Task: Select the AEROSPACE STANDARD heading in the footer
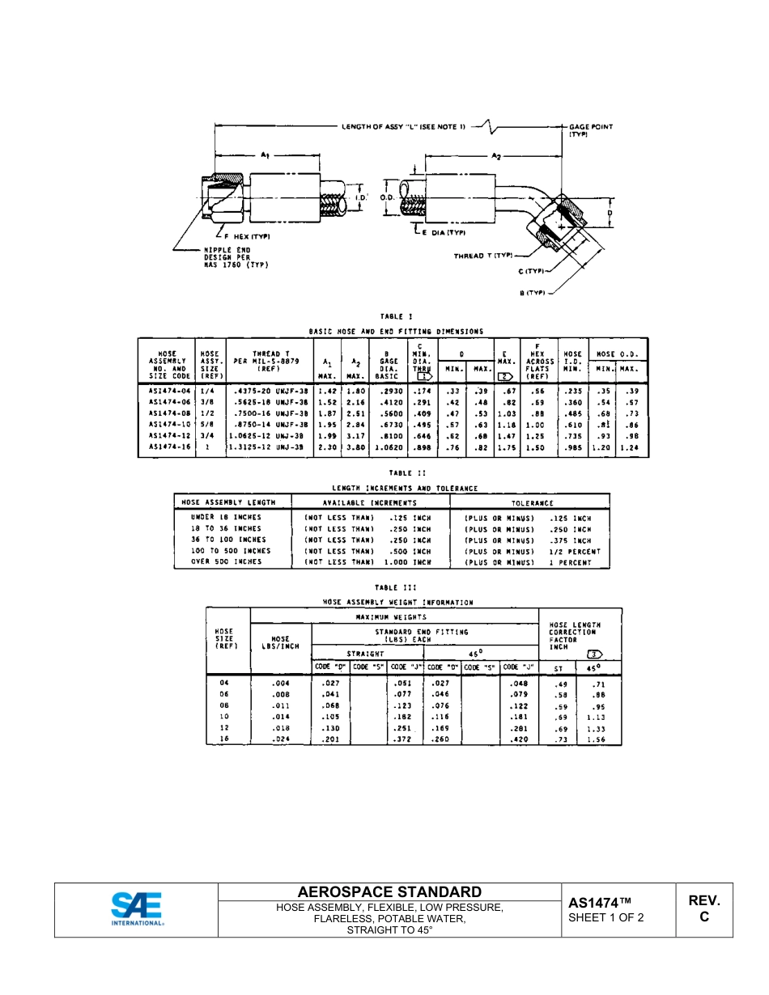click(389, 892)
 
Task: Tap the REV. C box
click(703, 908)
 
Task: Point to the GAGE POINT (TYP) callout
click(590, 130)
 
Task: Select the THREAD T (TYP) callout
click(483, 256)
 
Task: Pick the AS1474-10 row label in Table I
click(169, 425)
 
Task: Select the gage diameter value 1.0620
click(386, 447)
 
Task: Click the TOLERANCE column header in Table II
click(532, 503)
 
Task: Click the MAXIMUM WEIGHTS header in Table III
click(394, 616)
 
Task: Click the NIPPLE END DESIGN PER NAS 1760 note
click(236, 257)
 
